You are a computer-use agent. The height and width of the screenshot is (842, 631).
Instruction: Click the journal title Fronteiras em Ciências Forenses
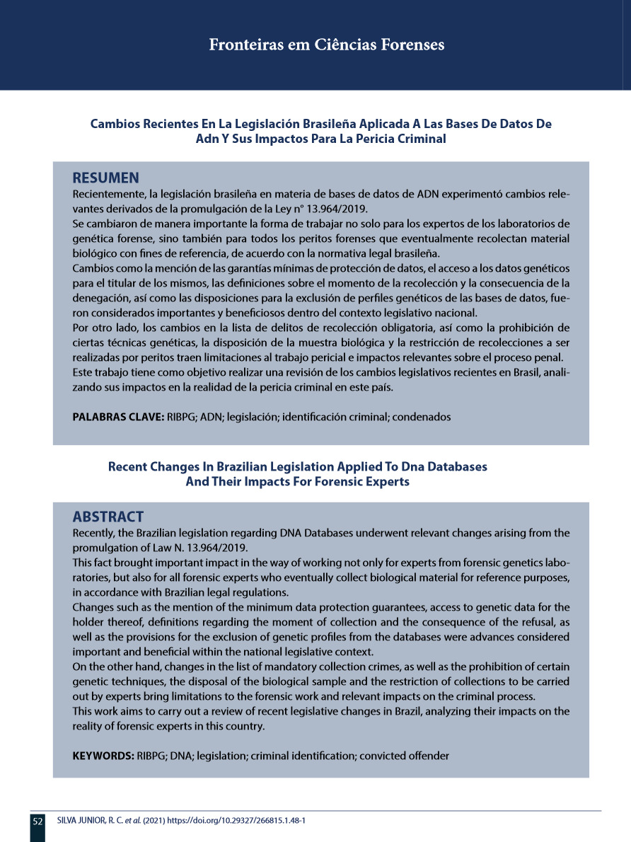327,45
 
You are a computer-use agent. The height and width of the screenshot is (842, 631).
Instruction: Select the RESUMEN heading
106,177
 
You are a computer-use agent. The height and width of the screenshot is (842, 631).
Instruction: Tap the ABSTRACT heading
108,517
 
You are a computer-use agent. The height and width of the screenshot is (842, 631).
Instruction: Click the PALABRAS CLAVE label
118,417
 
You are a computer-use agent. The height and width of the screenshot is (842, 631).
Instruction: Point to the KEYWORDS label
103,756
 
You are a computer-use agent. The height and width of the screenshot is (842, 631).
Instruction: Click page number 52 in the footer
37,821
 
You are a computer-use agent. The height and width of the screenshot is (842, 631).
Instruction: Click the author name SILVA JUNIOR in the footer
76,821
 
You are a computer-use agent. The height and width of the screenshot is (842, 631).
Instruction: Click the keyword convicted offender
404,756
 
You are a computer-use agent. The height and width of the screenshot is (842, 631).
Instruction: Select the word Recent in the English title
127,467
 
